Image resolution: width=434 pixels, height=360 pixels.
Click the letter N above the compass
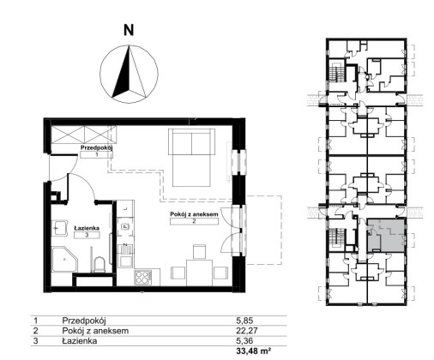129,30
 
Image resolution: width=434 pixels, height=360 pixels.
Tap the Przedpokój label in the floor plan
97,148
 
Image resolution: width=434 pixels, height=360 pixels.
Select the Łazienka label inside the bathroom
87,228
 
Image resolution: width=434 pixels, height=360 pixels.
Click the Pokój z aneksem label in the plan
194,214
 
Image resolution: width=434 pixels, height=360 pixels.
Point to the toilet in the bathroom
99,265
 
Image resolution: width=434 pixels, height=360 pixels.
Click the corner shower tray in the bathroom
65,260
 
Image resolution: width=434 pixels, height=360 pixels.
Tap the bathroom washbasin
60,228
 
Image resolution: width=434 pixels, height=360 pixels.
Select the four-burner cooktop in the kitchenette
143,278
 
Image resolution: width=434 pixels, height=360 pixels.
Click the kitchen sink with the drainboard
125,255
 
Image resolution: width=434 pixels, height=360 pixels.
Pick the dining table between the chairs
200,273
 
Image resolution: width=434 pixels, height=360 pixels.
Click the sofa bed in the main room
191,158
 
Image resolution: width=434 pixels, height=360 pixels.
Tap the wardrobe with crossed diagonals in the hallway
83,135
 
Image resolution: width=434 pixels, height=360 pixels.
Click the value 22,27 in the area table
247,331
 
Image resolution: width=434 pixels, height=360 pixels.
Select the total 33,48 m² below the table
253,351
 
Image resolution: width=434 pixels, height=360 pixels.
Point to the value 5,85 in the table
244,321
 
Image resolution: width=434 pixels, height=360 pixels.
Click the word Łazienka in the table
80,341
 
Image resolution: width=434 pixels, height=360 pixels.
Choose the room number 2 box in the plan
194,221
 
